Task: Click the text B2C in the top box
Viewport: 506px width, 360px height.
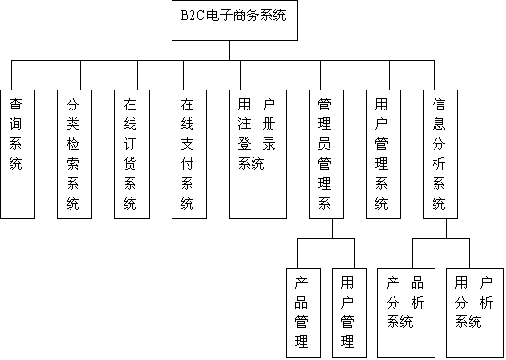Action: tap(192, 16)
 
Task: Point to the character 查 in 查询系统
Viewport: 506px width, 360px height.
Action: tap(16, 103)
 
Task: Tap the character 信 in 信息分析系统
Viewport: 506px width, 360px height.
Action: tap(439, 103)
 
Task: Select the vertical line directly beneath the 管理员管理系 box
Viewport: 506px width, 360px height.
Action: tap(331, 229)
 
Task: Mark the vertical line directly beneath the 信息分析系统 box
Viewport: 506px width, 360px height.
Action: tap(445, 229)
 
